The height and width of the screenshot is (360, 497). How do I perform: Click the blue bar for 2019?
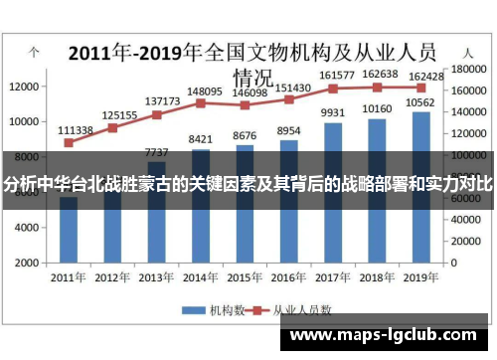click(421, 229)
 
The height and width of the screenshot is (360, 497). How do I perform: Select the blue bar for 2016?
click(288, 229)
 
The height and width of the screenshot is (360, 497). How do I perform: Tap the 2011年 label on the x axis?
click(68, 276)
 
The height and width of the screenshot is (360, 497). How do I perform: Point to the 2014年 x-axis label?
click(201, 276)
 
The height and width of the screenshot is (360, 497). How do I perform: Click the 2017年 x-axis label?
click(333, 276)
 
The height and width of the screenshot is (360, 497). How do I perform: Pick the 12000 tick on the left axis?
click(24, 87)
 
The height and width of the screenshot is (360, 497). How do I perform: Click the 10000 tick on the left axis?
click(24, 121)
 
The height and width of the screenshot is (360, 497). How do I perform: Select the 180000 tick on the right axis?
click(467, 70)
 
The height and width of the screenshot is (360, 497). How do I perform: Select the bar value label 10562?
click(422, 102)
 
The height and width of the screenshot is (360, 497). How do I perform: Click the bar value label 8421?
click(202, 139)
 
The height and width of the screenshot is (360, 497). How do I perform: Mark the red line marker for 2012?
click(112, 127)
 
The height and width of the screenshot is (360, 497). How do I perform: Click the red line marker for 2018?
click(377, 87)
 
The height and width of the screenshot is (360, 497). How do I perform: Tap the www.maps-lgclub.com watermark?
click(387, 336)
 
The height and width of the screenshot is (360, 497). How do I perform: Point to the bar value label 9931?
click(333, 112)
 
